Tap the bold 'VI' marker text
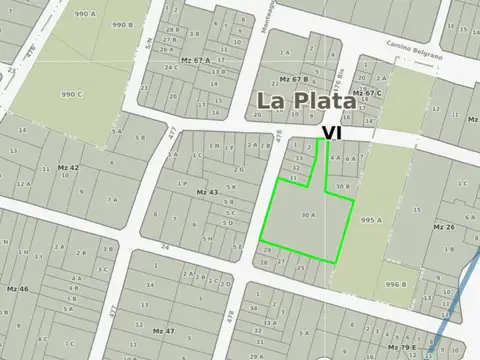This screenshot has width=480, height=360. (332, 131)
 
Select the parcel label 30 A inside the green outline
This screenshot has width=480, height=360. (309, 214)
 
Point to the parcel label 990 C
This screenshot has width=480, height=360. (71, 94)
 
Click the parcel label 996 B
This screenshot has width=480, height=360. (397, 284)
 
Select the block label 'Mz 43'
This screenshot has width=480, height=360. (207, 192)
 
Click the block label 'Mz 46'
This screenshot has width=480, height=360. (18, 288)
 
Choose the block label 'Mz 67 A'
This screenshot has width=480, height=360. (196, 60)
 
